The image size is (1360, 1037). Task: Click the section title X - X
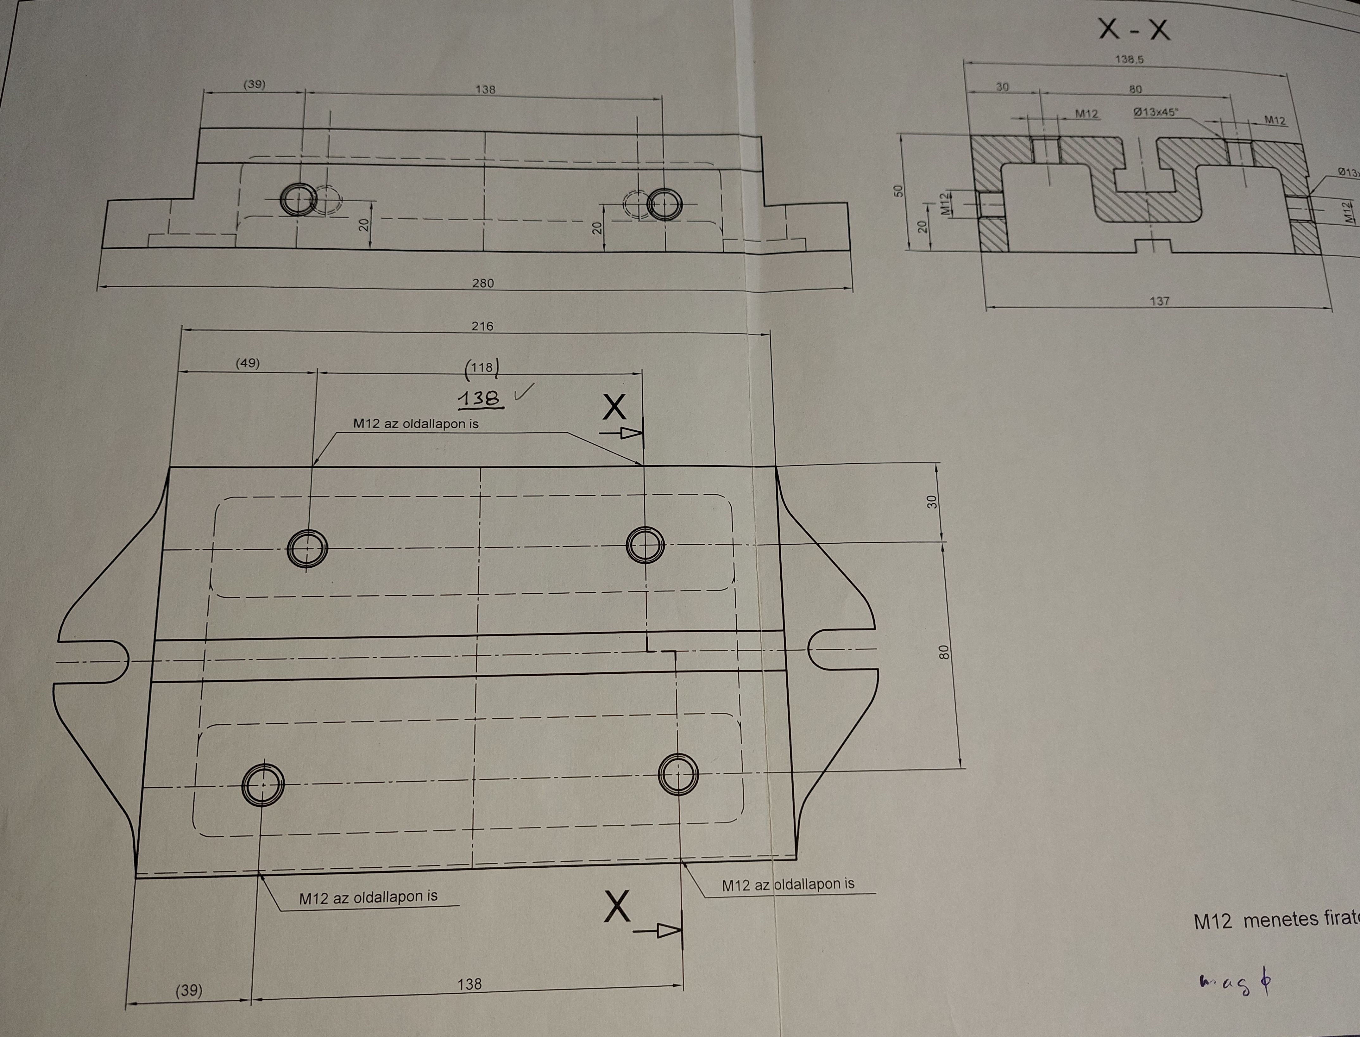[x=1134, y=29]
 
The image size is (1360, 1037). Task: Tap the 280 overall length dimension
[x=483, y=283]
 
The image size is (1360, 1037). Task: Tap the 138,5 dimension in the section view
[x=1129, y=60]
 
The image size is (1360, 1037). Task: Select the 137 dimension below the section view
[x=1159, y=301]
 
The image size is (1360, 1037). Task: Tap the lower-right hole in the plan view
[x=678, y=773]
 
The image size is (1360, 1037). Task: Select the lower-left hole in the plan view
[x=263, y=784]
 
